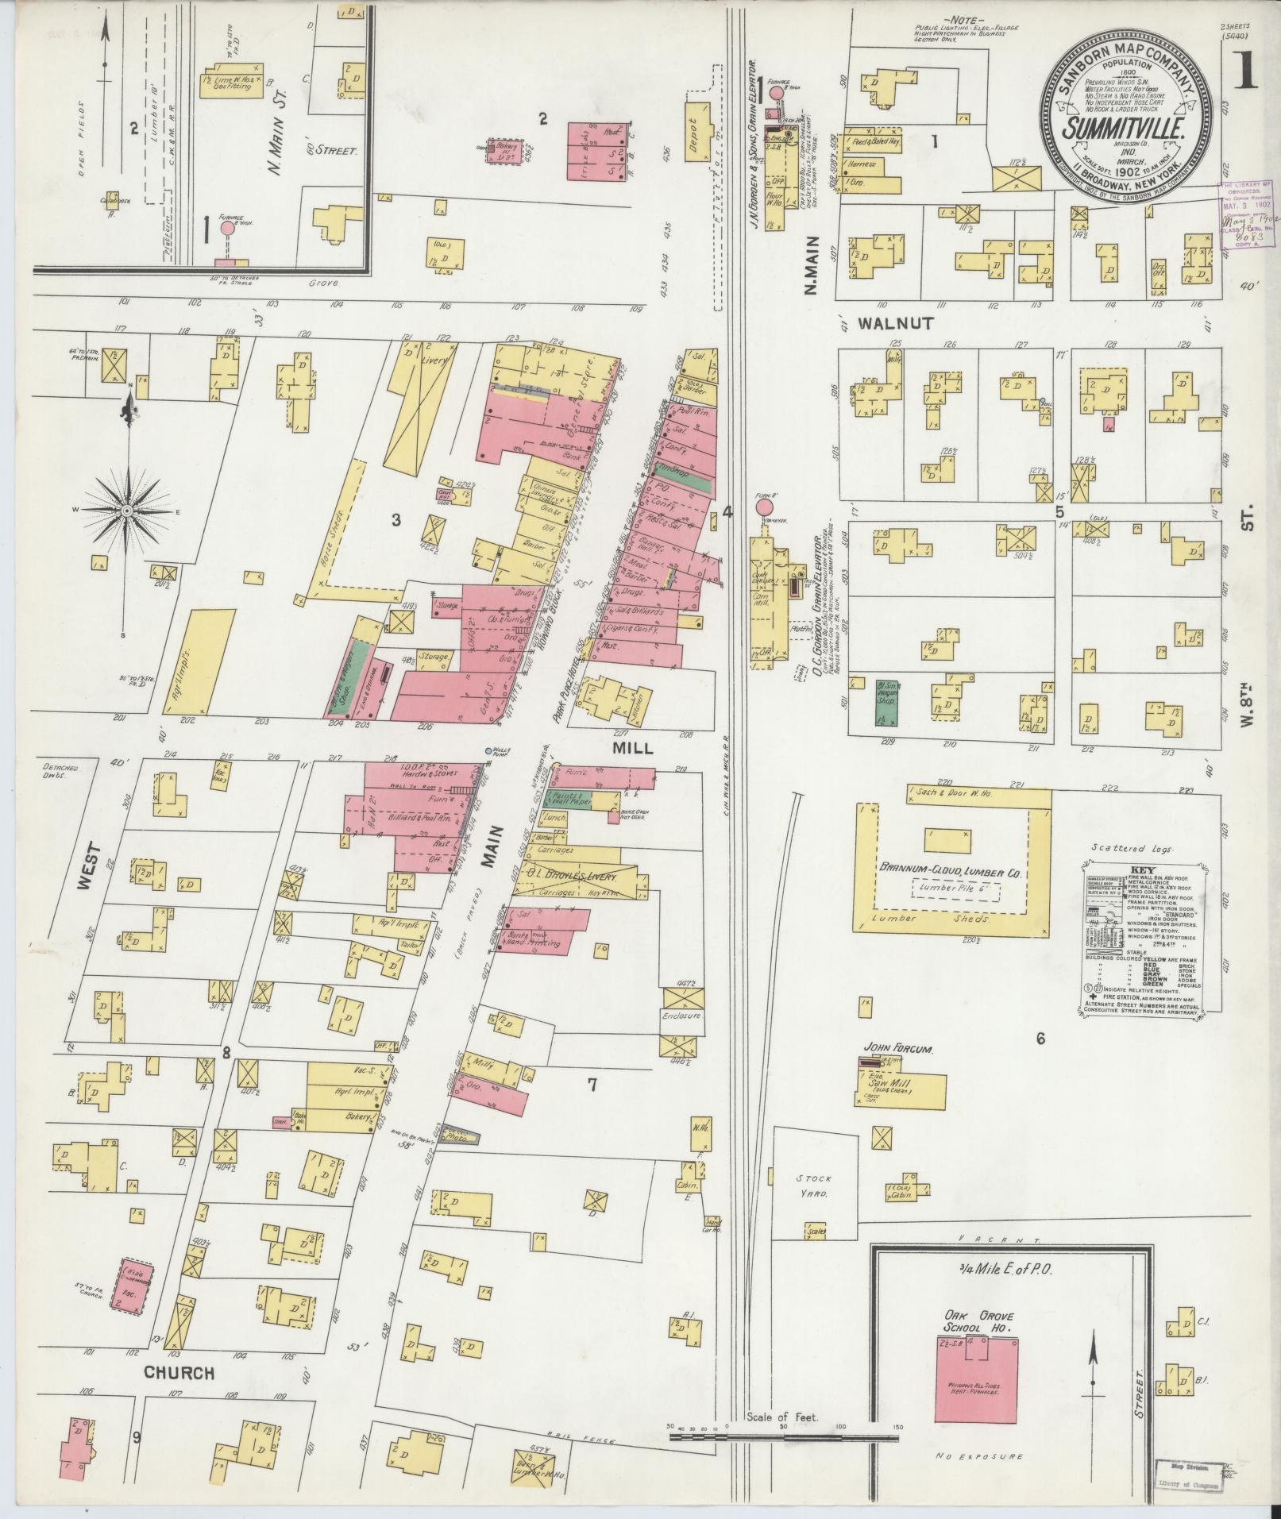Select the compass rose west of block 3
[x=125, y=512]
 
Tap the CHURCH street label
[x=179, y=1373]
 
